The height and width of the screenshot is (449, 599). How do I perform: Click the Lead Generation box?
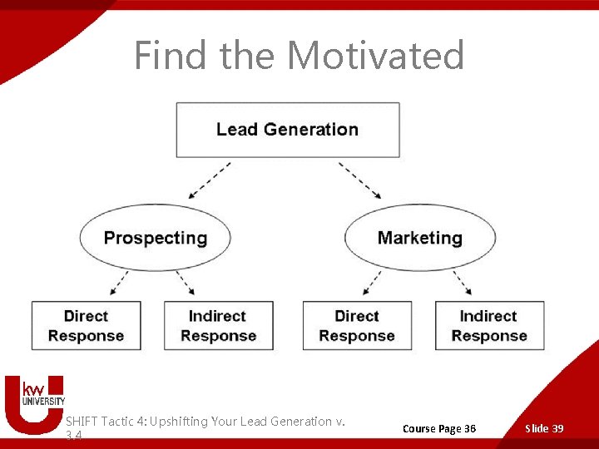pyautogui.click(x=287, y=130)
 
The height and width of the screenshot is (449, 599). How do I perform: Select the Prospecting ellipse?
pyautogui.click(x=155, y=238)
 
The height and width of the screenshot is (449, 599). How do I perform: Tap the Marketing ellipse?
pyautogui.click(x=419, y=238)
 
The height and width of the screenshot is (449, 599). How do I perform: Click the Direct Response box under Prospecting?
pyautogui.click(x=86, y=326)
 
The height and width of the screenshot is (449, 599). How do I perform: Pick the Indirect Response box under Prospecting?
pyautogui.click(x=217, y=326)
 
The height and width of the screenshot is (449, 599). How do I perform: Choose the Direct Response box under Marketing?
pyautogui.click(x=357, y=326)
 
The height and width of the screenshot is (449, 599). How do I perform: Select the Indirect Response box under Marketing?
pyautogui.click(x=489, y=326)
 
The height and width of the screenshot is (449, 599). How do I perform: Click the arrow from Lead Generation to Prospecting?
pyautogui.click(x=210, y=180)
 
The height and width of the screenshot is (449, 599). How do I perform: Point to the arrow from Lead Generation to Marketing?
pyautogui.click(x=360, y=180)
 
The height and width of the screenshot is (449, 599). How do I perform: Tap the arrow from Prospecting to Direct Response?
pyautogui.click(x=118, y=284)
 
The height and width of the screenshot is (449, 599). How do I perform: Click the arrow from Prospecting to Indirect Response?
pyautogui.click(x=185, y=284)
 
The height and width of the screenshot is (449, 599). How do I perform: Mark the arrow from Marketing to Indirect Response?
pyautogui.click(x=462, y=284)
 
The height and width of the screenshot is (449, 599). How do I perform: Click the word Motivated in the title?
pyautogui.click(x=376, y=56)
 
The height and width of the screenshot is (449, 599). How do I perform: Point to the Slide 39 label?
pyautogui.click(x=544, y=428)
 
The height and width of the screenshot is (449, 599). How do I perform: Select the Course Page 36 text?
pyautogui.click(x=439, y=428)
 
